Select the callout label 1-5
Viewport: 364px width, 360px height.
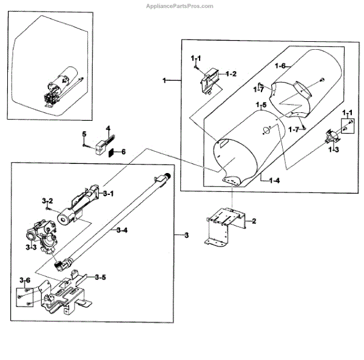click(261, 106)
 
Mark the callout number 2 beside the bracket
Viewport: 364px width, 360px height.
click(254, 220)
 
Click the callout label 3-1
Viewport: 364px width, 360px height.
click(109, 194)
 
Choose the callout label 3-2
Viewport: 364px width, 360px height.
click(47, 200)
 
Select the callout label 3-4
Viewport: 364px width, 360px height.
click(121, 230)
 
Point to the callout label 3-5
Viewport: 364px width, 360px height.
click(101, 277)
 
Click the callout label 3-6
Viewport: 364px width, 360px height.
click(25, 280)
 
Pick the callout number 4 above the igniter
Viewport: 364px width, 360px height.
click(107, 129)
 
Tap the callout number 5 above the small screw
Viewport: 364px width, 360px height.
click(84, 134)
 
